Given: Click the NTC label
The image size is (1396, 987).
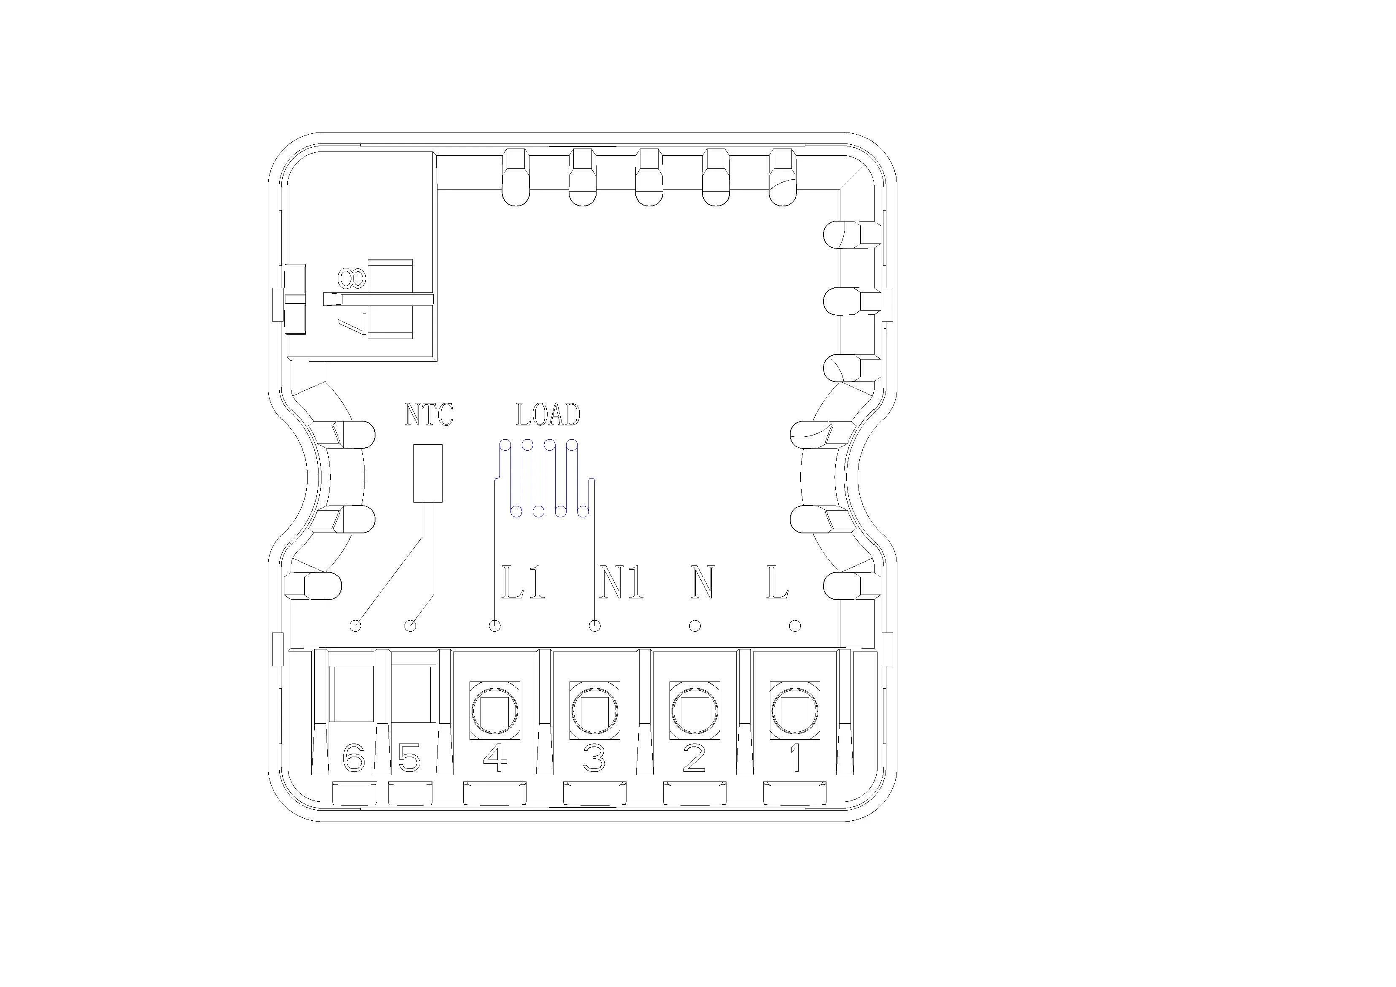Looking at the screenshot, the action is point(429,415).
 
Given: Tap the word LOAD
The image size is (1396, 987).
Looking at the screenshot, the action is point(548,415).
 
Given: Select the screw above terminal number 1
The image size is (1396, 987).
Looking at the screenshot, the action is point(795,710).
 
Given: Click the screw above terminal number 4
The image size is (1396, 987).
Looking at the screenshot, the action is point(495,710).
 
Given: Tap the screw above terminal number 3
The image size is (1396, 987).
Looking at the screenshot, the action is point(594,710).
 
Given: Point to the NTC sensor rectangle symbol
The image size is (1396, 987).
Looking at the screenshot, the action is point(427,473).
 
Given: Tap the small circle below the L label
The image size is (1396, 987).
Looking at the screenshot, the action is point(795,625).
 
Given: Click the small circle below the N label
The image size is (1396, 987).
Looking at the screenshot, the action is point(695,625).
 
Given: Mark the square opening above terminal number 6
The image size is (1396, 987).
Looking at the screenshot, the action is point(351,693).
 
